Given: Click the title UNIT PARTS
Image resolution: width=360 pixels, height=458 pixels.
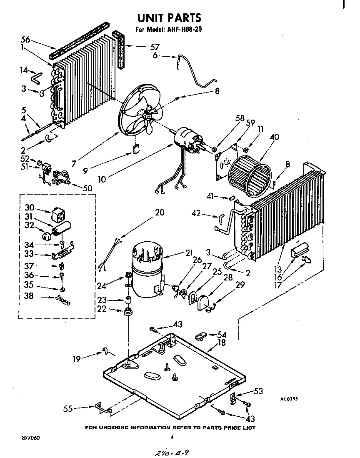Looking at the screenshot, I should click(169, 18).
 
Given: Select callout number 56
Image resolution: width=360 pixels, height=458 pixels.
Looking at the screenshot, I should click(25, 40).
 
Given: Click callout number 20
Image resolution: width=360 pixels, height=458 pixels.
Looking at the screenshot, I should click(160, 213).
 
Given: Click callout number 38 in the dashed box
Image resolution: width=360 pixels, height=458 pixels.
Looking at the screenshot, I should click(28, 297).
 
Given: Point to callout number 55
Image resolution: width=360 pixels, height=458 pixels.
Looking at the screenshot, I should click(67, 409).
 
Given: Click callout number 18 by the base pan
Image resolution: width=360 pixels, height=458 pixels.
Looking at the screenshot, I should click(221, 343).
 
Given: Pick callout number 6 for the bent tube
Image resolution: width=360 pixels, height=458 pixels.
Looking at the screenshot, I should click(155, 55).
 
